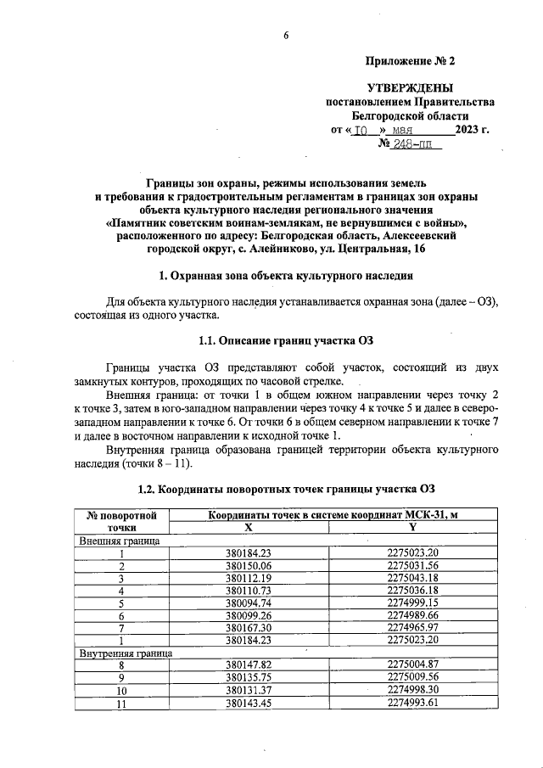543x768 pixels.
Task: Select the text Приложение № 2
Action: click(x=410, y=62)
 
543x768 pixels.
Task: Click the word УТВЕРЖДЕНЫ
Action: click(x=410, y=88)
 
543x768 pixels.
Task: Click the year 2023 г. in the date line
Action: click(x=472, y=131)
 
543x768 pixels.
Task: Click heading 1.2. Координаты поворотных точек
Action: click(x=286, y=490)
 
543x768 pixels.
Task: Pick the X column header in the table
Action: click(x=249, y=526)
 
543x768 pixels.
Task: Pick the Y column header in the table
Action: click(x=412, y=526)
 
